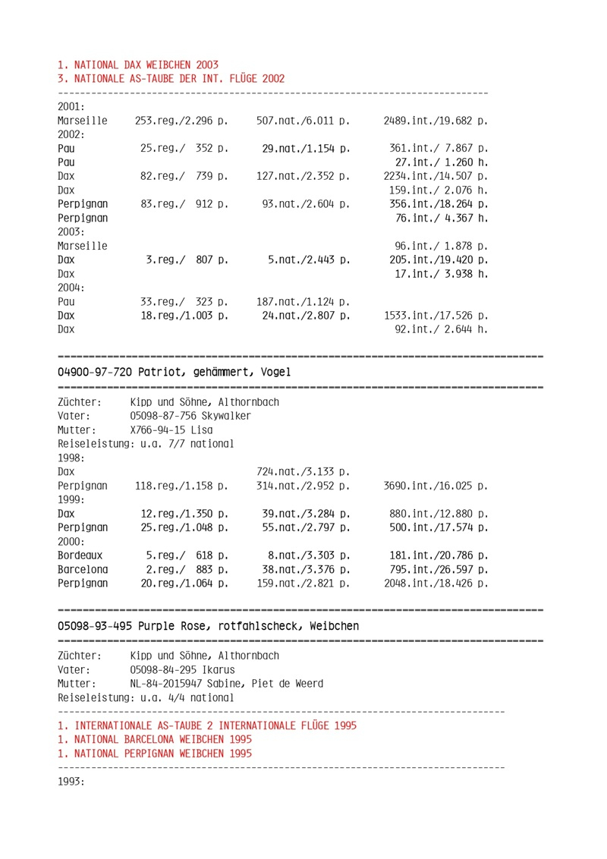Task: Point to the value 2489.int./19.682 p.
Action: tap(436, 121)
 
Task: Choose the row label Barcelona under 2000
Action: tap(83, 570)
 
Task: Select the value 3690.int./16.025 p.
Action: tap(436, 486)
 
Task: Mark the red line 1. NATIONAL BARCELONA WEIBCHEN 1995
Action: tap(156, 739)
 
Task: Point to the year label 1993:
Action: tap(71, 781)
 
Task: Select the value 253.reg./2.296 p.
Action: tap(182, 121)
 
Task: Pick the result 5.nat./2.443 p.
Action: tap(309, 260)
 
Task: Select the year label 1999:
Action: tap(71, 499)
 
